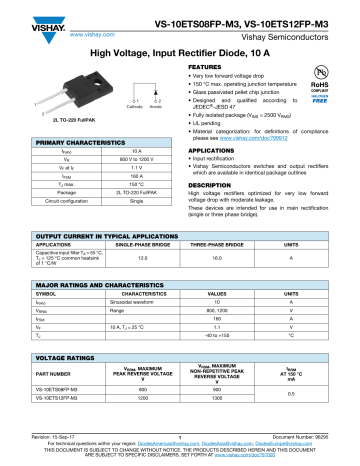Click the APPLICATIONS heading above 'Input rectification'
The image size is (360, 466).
[213, 153]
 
